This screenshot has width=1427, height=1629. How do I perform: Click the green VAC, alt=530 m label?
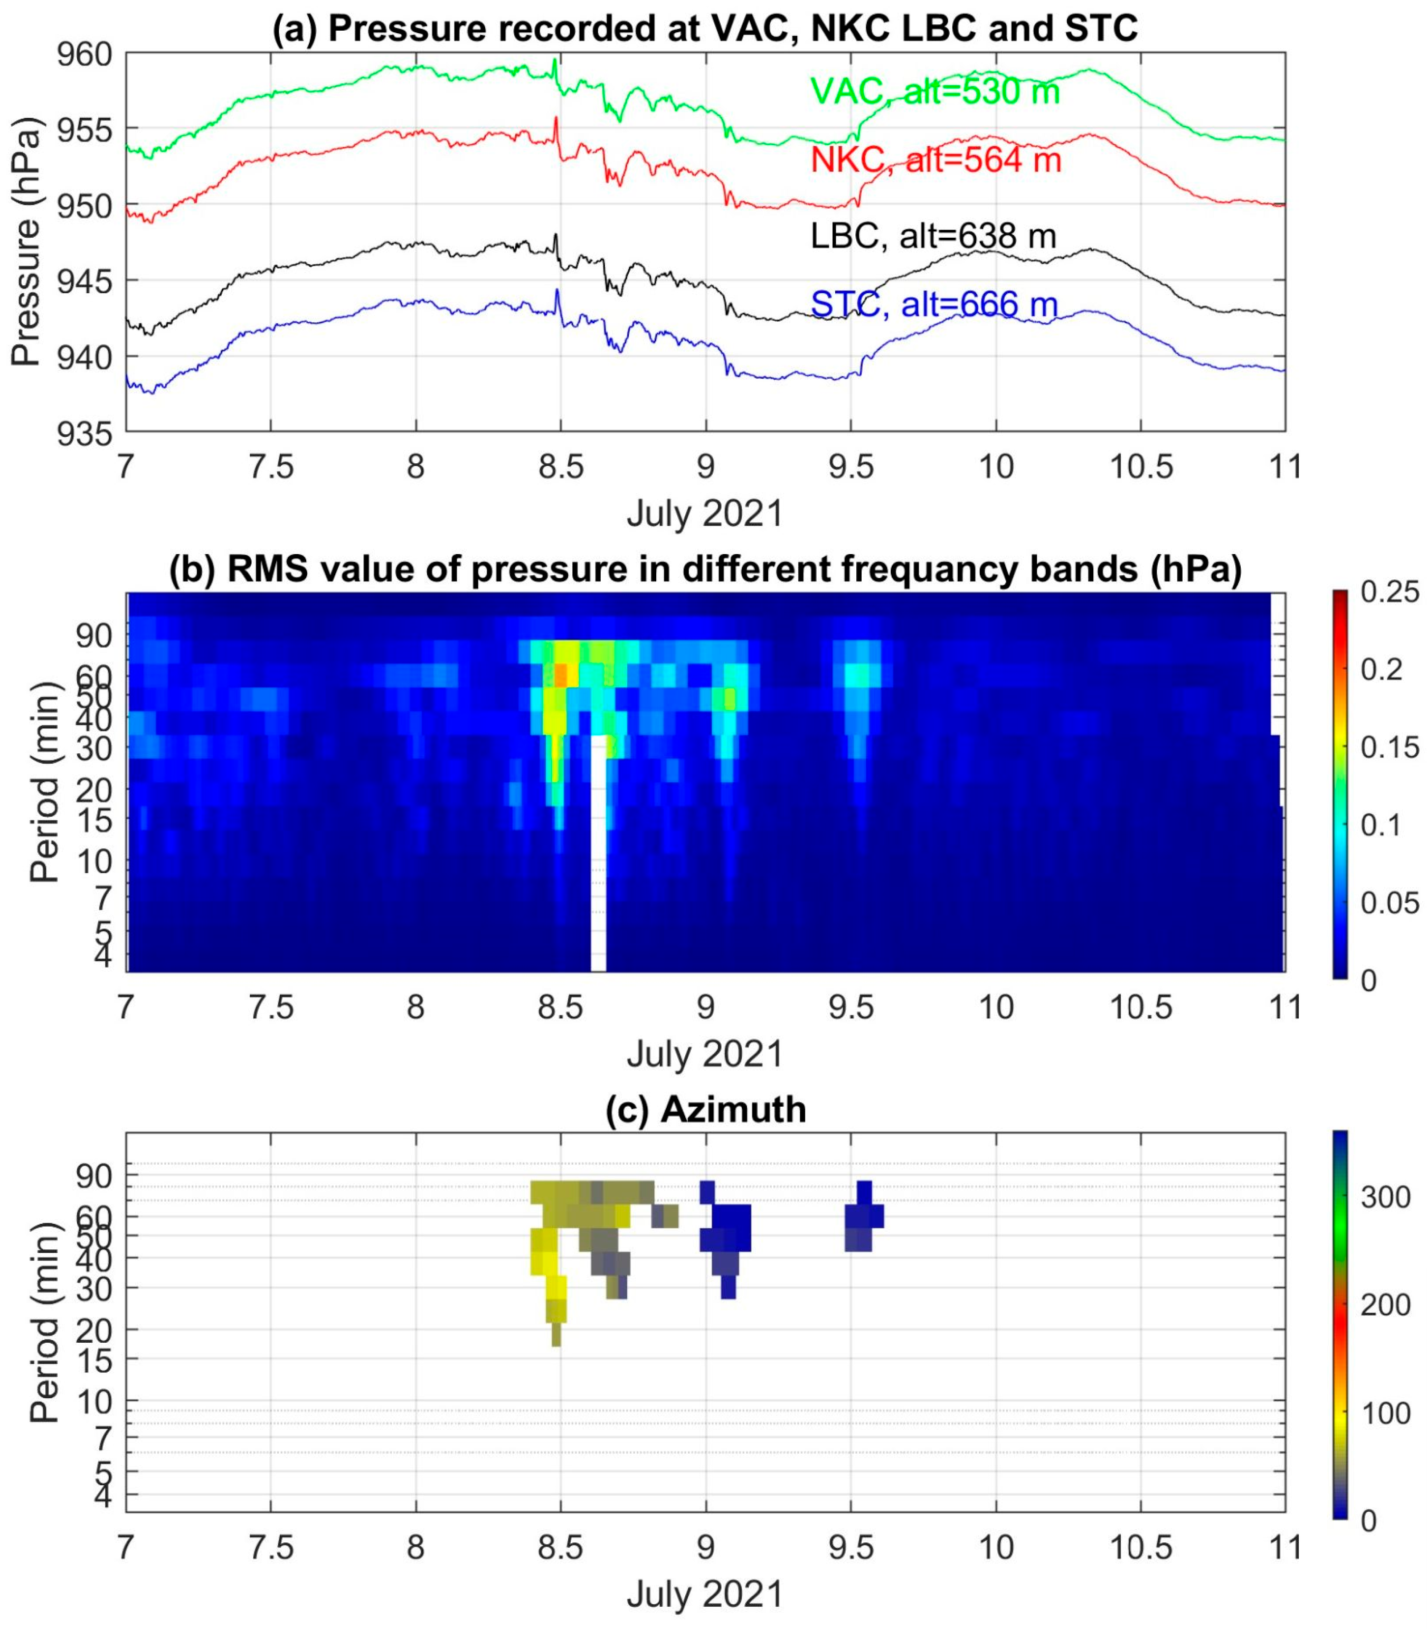pyautogui.click(x=935, y=91)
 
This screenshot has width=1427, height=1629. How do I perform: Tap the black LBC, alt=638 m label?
pyautogui.click(x=933, y=236)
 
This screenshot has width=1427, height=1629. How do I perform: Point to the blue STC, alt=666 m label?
pyautogui.click(x=934, y=304)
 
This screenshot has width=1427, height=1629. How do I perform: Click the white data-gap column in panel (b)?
pyautogui.click(x=598, y=860)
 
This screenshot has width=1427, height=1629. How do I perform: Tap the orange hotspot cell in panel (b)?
pyautogui.click(x=561, y=675)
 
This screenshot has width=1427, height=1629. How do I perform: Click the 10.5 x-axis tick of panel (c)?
pyautogui.click(x=1140, y=1547)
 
